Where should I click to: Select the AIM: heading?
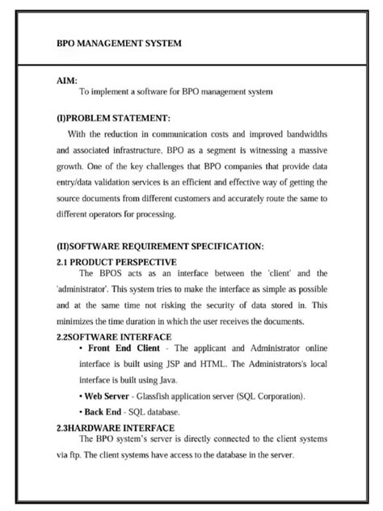coord(67,81)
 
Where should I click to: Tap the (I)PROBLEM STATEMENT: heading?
coord(113,118)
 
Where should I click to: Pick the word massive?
coord(308,150)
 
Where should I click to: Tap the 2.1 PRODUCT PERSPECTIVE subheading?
coord(116,261)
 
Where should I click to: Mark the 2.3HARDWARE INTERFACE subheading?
coord(116,428)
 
